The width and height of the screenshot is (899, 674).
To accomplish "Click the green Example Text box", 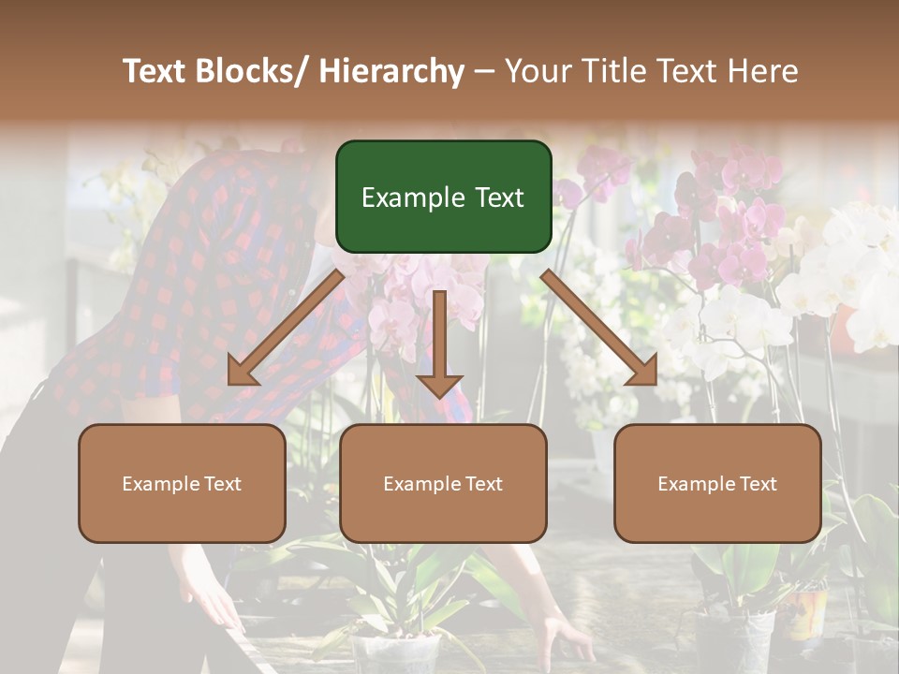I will [443, 197].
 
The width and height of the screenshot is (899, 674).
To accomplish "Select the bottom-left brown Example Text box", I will [182, 483].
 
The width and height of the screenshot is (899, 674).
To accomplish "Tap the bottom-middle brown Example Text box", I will [443, 483].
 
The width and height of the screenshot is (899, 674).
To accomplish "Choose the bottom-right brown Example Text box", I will [717, 483].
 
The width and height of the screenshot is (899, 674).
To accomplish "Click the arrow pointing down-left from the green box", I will [287, 327].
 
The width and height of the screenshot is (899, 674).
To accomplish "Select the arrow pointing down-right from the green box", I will [599, 327].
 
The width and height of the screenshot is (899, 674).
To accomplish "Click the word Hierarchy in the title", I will [391, 71].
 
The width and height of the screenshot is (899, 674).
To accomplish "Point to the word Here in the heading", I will [762, 71].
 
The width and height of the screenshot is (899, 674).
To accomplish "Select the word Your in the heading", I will [537, 71].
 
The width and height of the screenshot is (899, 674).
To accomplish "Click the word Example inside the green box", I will [408, 198].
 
